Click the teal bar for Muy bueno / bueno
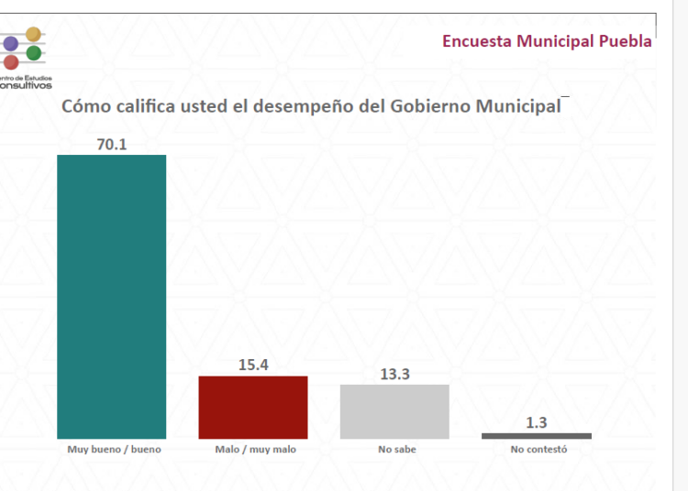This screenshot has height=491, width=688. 111,297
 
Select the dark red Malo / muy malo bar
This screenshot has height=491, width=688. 253,408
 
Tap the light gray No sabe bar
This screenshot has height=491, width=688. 394,411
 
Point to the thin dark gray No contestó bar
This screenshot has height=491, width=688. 537,436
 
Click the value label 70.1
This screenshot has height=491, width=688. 112,145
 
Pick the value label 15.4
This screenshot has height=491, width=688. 253,365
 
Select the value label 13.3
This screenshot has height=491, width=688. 394,374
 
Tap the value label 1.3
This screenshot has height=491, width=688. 537,422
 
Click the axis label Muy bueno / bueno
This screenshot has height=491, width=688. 114,450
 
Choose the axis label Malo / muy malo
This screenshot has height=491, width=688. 255,450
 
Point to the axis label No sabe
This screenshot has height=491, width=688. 397,450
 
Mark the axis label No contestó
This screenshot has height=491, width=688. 538,450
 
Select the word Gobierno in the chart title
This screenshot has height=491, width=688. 430,106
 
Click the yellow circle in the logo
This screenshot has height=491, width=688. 33,34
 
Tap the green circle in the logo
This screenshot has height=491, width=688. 34,53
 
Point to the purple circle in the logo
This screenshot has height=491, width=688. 10,43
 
